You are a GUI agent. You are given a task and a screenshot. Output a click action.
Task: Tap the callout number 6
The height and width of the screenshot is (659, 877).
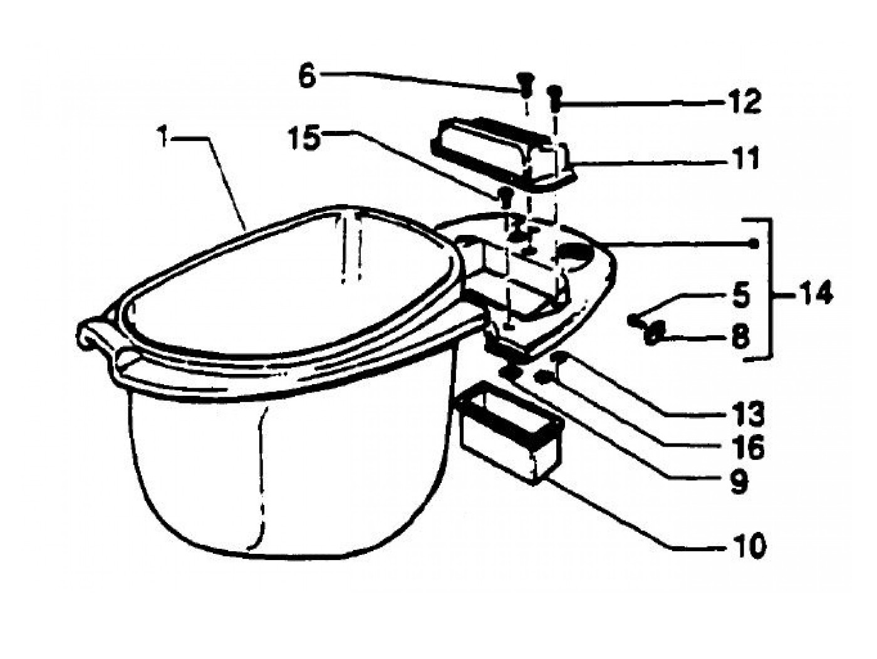(x=306, y=77)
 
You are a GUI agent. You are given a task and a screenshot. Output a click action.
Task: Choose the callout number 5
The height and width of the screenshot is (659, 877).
(x=741, y=295)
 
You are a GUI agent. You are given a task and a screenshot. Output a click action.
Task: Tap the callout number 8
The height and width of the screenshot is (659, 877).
(x=740, y=338)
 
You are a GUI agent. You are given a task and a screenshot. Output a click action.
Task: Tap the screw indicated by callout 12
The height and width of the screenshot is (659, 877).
(x=554, y=93)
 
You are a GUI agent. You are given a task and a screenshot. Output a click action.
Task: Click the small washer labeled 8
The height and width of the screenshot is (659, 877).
(x=652, y=333)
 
